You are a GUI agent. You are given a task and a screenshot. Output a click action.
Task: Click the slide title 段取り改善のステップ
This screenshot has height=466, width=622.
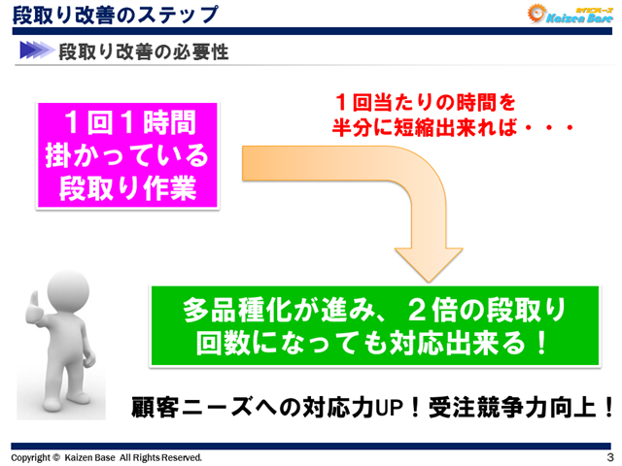pyautogui.click(x=115, y=15)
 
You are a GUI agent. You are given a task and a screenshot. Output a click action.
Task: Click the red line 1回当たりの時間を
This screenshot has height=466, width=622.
pyautogui.click(x=423, y=101)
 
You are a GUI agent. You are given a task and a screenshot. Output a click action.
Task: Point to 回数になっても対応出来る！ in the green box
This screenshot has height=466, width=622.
pyautogui.click(x=373, y=345)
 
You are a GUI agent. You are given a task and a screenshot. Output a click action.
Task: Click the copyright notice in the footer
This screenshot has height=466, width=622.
pyautogui.click(x=107, y=456)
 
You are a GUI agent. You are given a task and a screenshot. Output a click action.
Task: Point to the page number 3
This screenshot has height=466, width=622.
pyautogui.click(x=608, y=456)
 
